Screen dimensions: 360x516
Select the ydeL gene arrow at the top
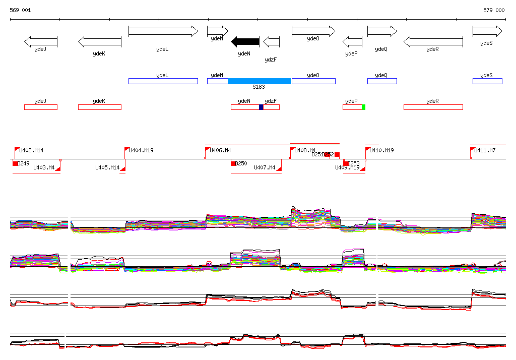point(163,31)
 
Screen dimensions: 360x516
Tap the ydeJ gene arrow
point(40,41)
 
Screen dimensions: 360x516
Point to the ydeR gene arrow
point(433,41)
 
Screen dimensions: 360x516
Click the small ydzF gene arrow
point(271,41)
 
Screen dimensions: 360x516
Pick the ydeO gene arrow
point(313,31)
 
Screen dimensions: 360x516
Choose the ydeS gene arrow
point(487,31)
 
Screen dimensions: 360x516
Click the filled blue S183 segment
point(259,81)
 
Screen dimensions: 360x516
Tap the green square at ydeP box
point(363,107)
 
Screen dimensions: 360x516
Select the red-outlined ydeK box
point(99,107)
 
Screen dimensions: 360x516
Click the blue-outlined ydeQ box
point(381,81)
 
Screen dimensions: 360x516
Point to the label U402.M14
point(31,150)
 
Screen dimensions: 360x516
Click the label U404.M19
point(142,150)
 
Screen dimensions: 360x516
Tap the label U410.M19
point(382,150)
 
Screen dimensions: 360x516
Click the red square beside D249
point(16,163)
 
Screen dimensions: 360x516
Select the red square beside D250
point(234,163)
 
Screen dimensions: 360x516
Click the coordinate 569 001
point(20,10)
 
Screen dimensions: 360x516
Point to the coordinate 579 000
point(493,10)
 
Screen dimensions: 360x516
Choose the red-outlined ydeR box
point(433,107)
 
